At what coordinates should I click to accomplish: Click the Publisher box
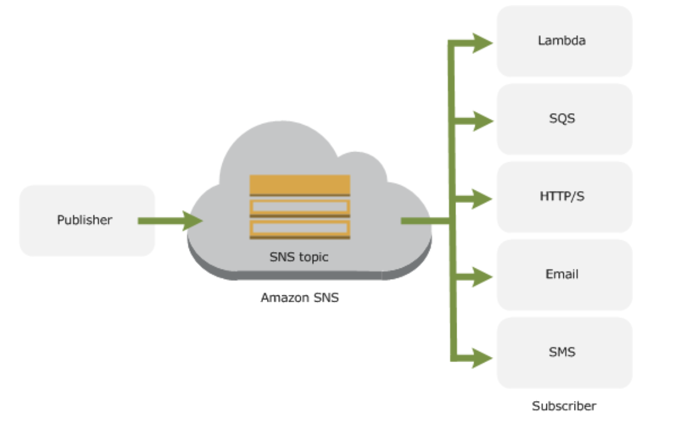(87, 221)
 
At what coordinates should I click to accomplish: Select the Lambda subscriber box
(564, 41)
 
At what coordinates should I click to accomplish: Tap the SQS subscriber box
(564, 119)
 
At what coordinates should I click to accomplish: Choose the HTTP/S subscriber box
(564, 197)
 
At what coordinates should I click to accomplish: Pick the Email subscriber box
(564, 275)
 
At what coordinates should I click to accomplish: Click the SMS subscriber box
(564, 353)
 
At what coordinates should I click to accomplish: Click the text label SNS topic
(299, 257)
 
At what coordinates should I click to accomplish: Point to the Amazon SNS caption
(300, 298)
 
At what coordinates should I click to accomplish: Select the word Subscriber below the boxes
(564, 406)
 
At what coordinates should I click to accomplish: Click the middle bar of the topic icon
(300, 207)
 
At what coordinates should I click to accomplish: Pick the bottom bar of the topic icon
(300, 228)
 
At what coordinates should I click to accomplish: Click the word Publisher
(84, 220)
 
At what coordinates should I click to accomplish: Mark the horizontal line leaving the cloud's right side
(424, 221)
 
